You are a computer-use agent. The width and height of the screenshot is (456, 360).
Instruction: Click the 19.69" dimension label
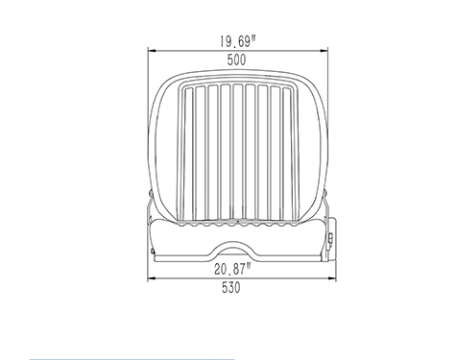pos(238,41)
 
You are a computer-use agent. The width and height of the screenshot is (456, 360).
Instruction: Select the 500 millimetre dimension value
pos(237,60)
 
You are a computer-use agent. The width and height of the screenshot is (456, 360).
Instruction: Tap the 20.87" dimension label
pos(232,269)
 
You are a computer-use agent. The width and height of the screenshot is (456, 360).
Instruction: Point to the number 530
pos(231,288)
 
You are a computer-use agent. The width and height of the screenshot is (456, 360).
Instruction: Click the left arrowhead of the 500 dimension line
pos(152,51)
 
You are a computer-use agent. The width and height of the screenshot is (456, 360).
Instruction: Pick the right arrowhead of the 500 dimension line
pos(324,51)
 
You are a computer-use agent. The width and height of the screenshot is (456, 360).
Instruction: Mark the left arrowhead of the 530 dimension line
pos(152,278)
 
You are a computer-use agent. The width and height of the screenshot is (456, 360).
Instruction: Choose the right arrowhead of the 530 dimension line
pos(332,278)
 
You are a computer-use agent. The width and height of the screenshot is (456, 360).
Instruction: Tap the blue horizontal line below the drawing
pos(132,359)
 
